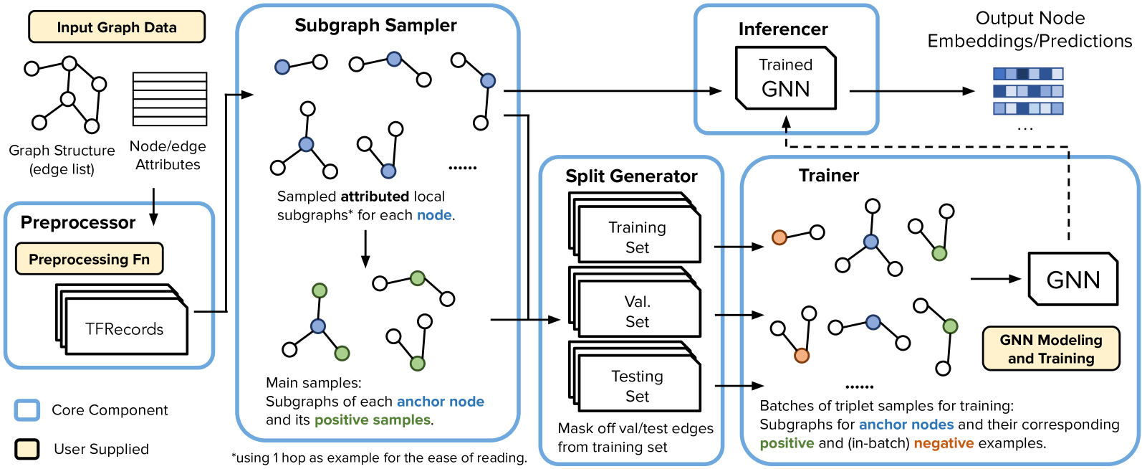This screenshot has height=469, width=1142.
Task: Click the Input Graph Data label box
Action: coord(117,27)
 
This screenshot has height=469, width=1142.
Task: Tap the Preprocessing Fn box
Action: coord(90,259)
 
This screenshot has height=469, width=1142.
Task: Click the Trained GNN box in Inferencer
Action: coord(786,78)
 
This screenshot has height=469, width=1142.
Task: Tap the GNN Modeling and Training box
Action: coord(1050,349)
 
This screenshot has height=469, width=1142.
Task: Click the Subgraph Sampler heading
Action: coord(375,25)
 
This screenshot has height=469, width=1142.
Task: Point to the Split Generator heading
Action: coord(631,176)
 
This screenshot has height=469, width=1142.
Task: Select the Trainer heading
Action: coord(829,176)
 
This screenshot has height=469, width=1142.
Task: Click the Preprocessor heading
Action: coord(78,222)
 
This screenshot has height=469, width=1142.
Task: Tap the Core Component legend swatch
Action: coord(27,410)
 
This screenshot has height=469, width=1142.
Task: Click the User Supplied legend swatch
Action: coord(27,449)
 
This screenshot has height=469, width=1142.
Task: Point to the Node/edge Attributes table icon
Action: coord(170,99)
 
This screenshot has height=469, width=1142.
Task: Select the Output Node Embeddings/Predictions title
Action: coord(1030,29)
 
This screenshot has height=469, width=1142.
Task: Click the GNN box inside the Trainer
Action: coord(1073,279)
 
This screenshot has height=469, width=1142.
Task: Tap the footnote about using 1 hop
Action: coord(379,458)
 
